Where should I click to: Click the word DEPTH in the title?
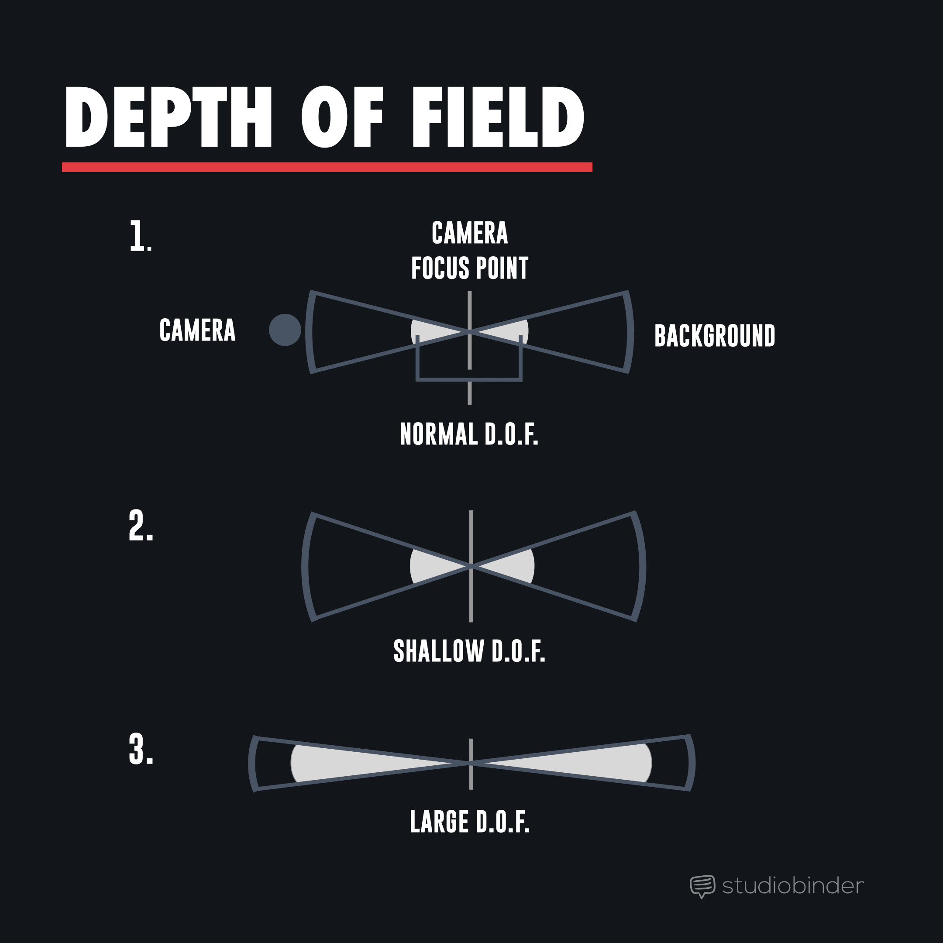[x=168, y=117]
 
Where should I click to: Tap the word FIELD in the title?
[x=498, y=117]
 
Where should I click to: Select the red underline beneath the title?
[x=327, y=167]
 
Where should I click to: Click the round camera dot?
[x=285, y=330]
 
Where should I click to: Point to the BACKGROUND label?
[x=715, y=336]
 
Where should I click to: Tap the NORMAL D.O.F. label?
[x=469, y=434]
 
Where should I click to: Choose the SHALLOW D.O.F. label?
[x=469, y=651]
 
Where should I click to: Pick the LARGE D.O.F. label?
[x=470, y=822]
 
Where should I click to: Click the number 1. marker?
[x=141, y=236]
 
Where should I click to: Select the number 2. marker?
[x=141, y=526]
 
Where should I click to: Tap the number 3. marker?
[x=141, y=750]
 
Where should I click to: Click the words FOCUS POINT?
[x=470, y=268]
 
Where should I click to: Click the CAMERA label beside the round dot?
[x=198, y=330]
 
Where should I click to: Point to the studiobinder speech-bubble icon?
[x=702, y=886]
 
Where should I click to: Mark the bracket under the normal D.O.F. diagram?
[x=469, y=379]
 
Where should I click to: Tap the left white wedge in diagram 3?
[x=342, y=763]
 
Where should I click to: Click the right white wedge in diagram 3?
[x=600, y=763]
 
